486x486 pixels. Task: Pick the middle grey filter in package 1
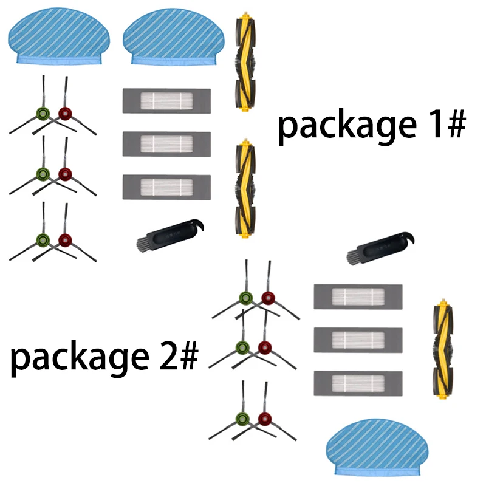pos(166,143)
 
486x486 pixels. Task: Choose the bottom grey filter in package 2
pos(357,382)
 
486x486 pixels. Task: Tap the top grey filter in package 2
pos(357,296)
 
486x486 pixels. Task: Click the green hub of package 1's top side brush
pos(43,113)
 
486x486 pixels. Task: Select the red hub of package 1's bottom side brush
pos(64,239)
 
